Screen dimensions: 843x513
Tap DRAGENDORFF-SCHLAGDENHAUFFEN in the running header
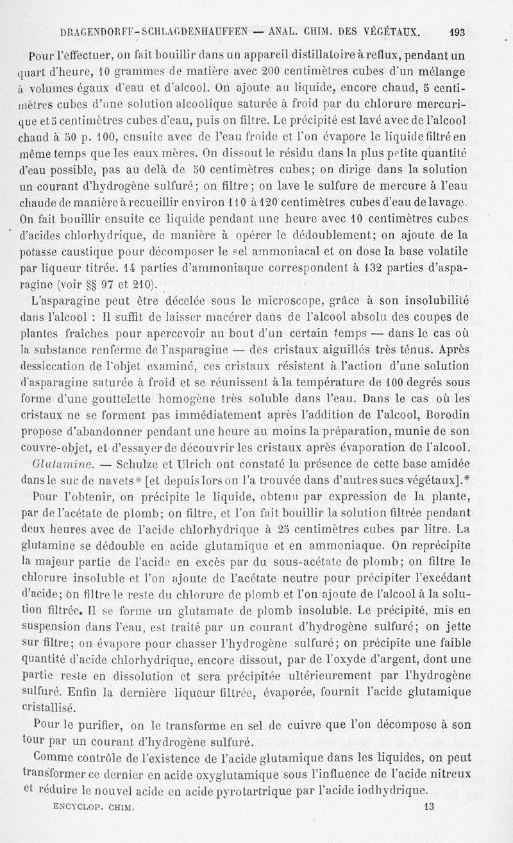[152, 31]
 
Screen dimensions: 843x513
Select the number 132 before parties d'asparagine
[374, 268]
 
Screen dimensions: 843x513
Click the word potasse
[41, 251]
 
